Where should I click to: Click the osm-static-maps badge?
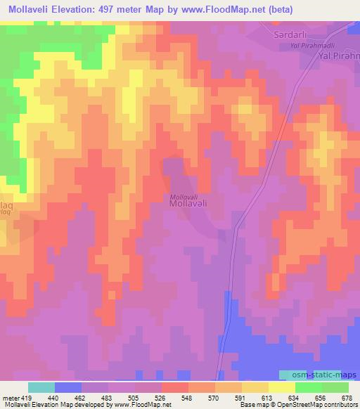[x=309, y=376]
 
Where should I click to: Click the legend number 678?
[x=347, y=398]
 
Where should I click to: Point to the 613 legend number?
[x=268, y=398]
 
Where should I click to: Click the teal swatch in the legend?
[x=41, y=387]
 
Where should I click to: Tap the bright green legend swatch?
[x=308, y=387]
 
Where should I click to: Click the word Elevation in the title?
[x=79, y=10]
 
